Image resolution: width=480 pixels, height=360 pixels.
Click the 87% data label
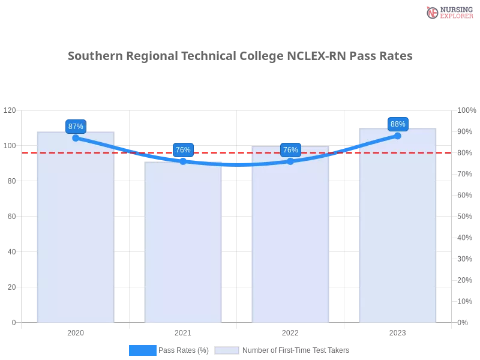[x=76, y=126]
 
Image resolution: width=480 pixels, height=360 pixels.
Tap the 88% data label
[x=398, y=124]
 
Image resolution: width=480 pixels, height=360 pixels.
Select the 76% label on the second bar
[x=183, y=150]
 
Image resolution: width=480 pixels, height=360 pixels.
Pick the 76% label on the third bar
[x=290, y=149]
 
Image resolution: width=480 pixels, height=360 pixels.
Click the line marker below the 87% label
[x=76, y=138]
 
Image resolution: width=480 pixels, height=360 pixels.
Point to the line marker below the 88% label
[x=398, y=136]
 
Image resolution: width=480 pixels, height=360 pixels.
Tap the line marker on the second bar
[x=183, y=161]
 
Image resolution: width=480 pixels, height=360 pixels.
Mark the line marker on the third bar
[x=290, y=161]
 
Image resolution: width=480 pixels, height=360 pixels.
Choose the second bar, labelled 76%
[x=183, y=246]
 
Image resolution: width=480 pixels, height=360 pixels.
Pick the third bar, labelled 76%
[x=290, y=240]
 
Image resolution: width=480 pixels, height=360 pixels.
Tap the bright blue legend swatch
[x=142, y=350]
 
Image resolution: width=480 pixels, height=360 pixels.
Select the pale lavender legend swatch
[x=227, y=350]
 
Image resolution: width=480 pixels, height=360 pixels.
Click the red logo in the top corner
[x=433, y=12]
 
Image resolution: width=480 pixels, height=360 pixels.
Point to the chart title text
[x=240, y=56]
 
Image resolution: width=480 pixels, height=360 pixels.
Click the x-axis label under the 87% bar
[x=76, y=331]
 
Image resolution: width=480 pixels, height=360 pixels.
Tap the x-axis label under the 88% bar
[x=398, y=331]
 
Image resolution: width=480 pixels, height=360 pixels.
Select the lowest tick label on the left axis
[x=13, y=322]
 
